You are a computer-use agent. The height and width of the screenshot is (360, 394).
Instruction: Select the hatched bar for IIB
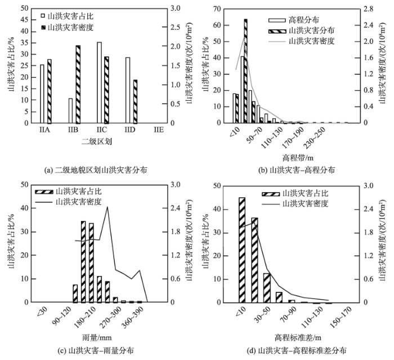click(78, 85)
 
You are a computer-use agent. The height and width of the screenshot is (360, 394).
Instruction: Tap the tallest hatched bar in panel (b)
click(245, 71)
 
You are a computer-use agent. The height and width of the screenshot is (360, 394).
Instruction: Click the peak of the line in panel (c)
click(107, 207)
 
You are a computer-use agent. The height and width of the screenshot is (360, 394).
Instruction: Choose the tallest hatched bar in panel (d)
click(242, 250)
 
